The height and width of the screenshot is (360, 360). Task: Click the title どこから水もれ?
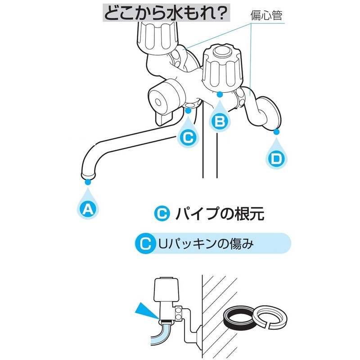pyautogui.click(x=166, y=13)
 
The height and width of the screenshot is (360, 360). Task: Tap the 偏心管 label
pyautogui.click(x=266, y=16)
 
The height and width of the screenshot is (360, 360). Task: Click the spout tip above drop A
pyautogui.click(x=88, y=176)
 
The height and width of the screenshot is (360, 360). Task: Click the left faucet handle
pyautogui.click(x=157, y=37)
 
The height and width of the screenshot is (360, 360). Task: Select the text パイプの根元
pyautogui.click(x=220, y=213)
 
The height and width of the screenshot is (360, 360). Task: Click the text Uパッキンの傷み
pyautogui.click(x=206, y=243)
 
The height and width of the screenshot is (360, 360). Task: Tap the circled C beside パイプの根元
pyautogui.click(x=162, y=213)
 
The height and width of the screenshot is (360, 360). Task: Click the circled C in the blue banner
pyautogui.click(x=145, y=243)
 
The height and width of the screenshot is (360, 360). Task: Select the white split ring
pyautogui.click(x=270, y=318)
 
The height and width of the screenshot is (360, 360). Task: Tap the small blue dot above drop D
pyautogui.click(x=276, y=132)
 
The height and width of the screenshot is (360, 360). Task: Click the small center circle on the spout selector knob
pyautogui.click(x=158, y=102)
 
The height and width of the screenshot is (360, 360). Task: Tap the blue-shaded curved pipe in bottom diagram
pyautogui.click(x=161, y=333)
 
